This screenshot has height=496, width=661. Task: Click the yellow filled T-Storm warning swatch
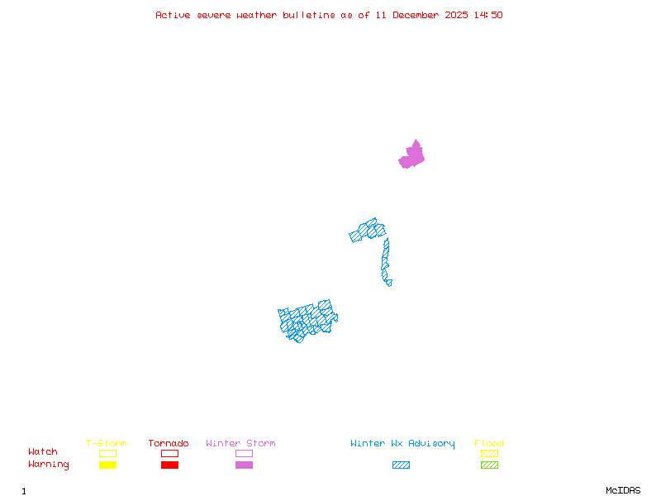point(107,465)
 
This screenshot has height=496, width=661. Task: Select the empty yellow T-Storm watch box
point(107,453)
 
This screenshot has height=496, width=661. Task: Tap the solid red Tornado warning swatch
point(169,465)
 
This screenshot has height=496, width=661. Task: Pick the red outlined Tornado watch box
point(169,453)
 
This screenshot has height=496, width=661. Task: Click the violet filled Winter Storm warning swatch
point(244,465)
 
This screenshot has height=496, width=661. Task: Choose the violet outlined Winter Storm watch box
point(244,453)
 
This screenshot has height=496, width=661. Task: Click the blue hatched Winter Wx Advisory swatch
point(401,465)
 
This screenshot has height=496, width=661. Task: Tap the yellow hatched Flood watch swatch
point(489,453)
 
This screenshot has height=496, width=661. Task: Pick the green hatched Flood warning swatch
point(489,465)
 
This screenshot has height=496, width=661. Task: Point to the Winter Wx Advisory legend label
point(402,444)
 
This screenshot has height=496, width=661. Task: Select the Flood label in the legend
point(489,444)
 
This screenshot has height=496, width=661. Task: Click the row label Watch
point(43,452)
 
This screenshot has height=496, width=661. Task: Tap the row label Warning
point(49,465)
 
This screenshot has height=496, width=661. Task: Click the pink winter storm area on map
point(412,155)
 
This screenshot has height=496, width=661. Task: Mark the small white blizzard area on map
point(394,282)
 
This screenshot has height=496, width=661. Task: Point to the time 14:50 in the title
point(487,15)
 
